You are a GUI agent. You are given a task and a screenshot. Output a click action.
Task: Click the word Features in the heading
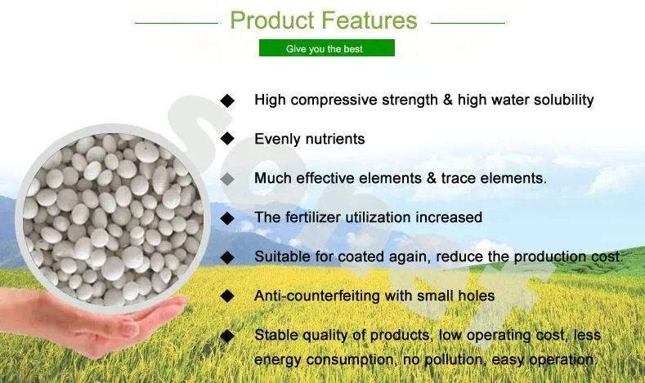tap(367, 20)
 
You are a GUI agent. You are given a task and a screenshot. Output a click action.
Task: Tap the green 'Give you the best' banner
tap(326, 49)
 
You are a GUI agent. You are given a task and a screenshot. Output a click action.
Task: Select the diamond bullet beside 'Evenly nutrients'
tap(227, 140)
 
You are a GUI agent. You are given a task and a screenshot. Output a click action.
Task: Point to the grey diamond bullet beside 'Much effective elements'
tap(227, 178)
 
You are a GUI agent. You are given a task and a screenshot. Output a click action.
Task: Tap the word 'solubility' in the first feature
tap(560, 100)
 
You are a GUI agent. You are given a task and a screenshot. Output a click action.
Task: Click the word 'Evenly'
tap(276, 140)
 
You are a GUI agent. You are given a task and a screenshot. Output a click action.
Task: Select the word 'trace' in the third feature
tap(459, 178)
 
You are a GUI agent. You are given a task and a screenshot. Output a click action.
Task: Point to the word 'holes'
tap(476, 296)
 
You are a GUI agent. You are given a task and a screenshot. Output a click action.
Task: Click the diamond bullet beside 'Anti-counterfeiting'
tap(227, 296)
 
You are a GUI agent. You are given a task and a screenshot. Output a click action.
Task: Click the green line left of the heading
tap(177, 23)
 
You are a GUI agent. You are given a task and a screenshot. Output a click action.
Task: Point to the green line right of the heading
tap(468, 23)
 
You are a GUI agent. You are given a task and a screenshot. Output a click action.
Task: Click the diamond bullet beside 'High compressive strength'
tap(227, 100)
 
